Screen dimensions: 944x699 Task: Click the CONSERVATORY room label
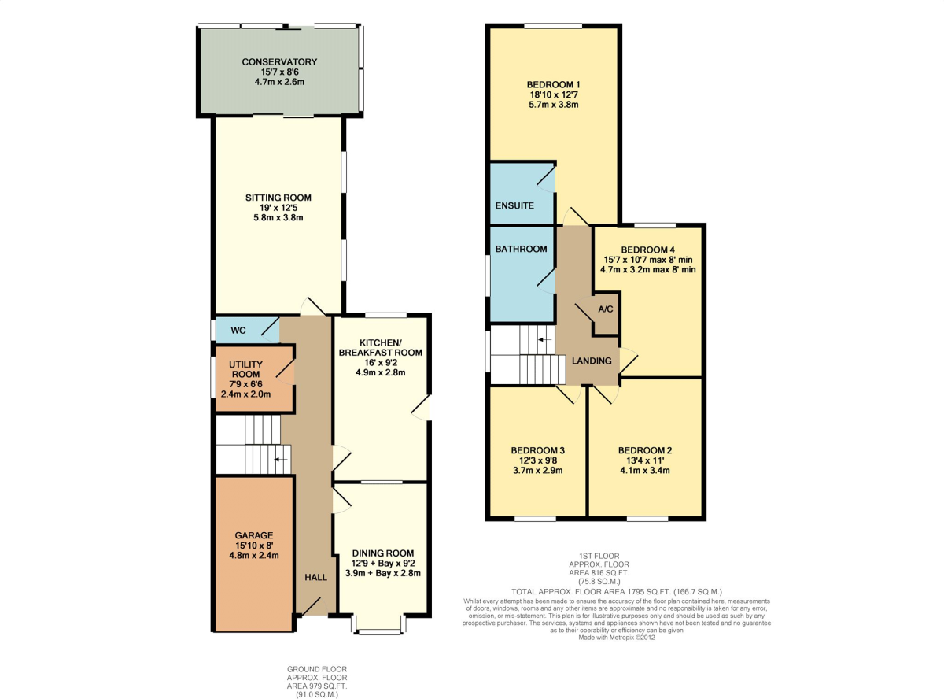[x=279, y=61]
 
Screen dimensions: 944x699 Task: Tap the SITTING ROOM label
[x=278, y=198]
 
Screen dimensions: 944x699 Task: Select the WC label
[x=238, y=331]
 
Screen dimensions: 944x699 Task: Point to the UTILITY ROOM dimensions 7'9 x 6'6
[x=245, y=384]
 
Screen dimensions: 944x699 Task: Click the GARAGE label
[x=254, y=535]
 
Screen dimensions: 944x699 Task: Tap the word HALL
[x=315, y=578]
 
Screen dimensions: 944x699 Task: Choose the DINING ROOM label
[x=383, y=553]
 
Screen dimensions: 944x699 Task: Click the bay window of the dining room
[x=379, y=624]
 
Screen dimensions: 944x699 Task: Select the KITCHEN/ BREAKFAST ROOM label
[x=381, y=348]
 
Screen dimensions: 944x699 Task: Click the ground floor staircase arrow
[x=281, y=460]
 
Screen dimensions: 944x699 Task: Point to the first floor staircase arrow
[x=545, y=339]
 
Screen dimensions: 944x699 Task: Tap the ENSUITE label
[x=514, y=205]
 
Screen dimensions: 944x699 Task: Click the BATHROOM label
[x=522, y=249]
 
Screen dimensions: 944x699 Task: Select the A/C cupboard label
[x=606, y=309]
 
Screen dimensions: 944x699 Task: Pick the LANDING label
[x=592, y=361]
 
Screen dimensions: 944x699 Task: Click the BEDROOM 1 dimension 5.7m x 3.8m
[x=553, y=105]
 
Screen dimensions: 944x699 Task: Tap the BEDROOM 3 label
[x=538, y=450]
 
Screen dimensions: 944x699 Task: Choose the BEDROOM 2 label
[x=645, y=450]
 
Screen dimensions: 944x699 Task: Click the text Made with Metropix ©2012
[x=617, y=638]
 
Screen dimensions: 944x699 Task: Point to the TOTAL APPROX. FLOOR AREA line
[x=617, y=592]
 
